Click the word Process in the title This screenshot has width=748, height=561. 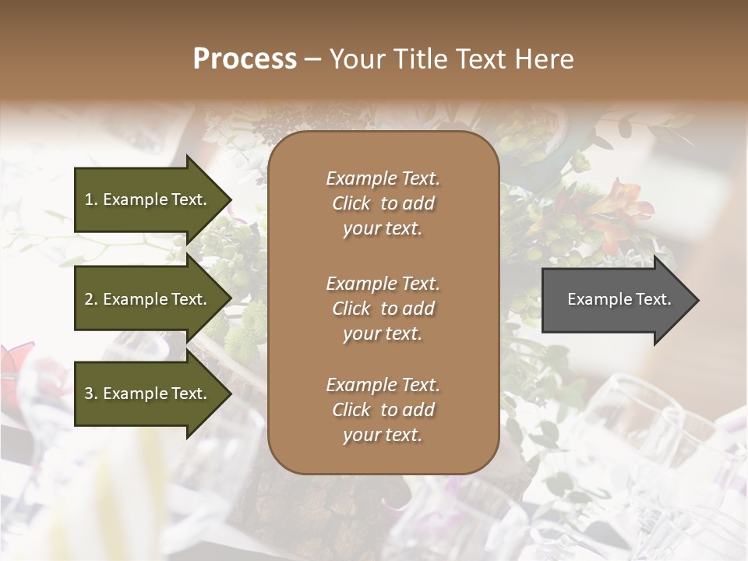click(245, 59)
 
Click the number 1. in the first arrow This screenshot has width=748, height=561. click(91, 199)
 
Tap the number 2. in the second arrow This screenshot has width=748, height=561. click(91, 299)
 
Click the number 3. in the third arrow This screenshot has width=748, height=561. click(91, 393)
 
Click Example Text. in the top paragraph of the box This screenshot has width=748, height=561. click(383, 178)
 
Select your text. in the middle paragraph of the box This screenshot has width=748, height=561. click(383, 333)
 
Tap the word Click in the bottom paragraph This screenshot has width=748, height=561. click(351, 410)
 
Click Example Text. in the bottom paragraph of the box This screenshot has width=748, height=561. click(383, 385)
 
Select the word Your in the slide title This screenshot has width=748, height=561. click(355, 59)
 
